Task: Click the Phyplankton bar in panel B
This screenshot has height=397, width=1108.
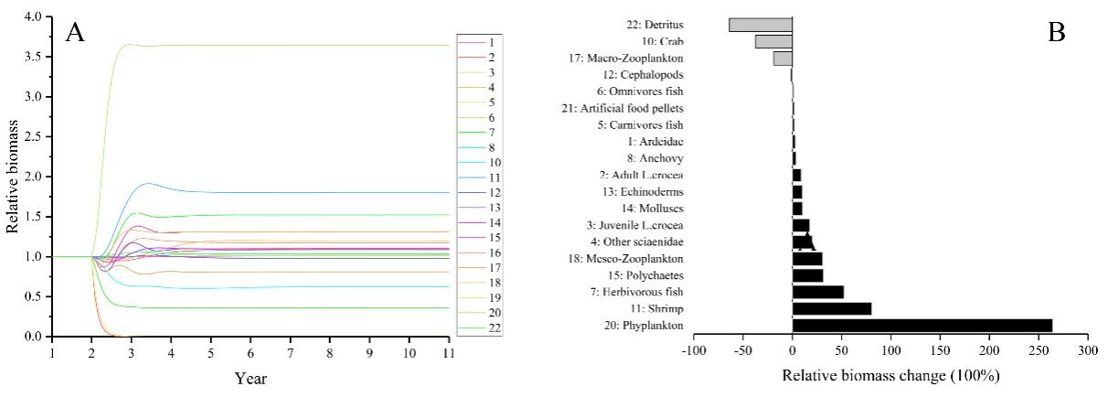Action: (x=922, y=325)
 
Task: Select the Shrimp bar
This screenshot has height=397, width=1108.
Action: (x=831, y=308)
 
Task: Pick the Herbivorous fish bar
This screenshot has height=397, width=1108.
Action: (x=817, y=292)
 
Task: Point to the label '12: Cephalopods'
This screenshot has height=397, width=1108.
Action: (x=644, y=75)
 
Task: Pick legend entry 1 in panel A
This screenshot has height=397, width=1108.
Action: (x=491, y=42)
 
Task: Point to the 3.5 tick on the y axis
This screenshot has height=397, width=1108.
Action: (x=33, y=57)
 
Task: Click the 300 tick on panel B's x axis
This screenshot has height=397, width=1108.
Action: (x=1087, y=350)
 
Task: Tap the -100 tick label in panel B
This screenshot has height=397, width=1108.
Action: (x=694, y=350)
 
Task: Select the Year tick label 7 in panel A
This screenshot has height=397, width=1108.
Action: (x=291, y=353)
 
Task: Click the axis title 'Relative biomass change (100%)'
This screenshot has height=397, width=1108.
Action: (x=890, y=376)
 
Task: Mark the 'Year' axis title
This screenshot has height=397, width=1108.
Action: (x=250, y=377)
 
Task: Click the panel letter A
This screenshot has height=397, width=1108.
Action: (x=76, y=34)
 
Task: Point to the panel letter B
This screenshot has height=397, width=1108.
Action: (x=1057, y=33)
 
